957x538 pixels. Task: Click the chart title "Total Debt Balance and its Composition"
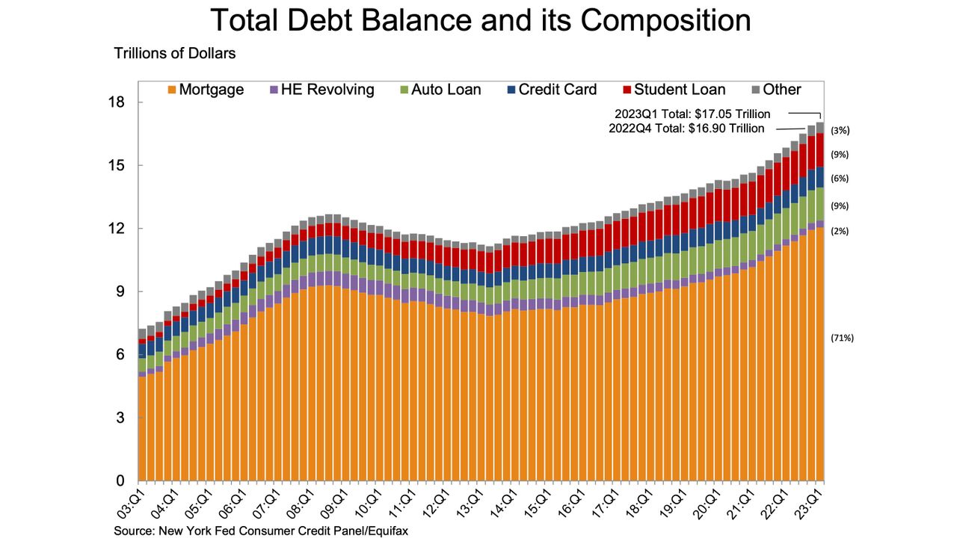click(x=480, y=20)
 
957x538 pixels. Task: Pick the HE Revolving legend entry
click(x=322, y=90)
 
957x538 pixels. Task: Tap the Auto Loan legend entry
click(x=440, y=90)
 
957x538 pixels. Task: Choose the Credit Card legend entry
click(x=551, y=90)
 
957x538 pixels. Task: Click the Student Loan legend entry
click(x=673, y=90)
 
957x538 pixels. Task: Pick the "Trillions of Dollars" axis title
click(x=175, y=54)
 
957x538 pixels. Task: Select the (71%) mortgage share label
click(x=842, y=338)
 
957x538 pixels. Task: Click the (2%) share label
click(x=840, y=231)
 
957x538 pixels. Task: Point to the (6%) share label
click(x=840, y=179)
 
